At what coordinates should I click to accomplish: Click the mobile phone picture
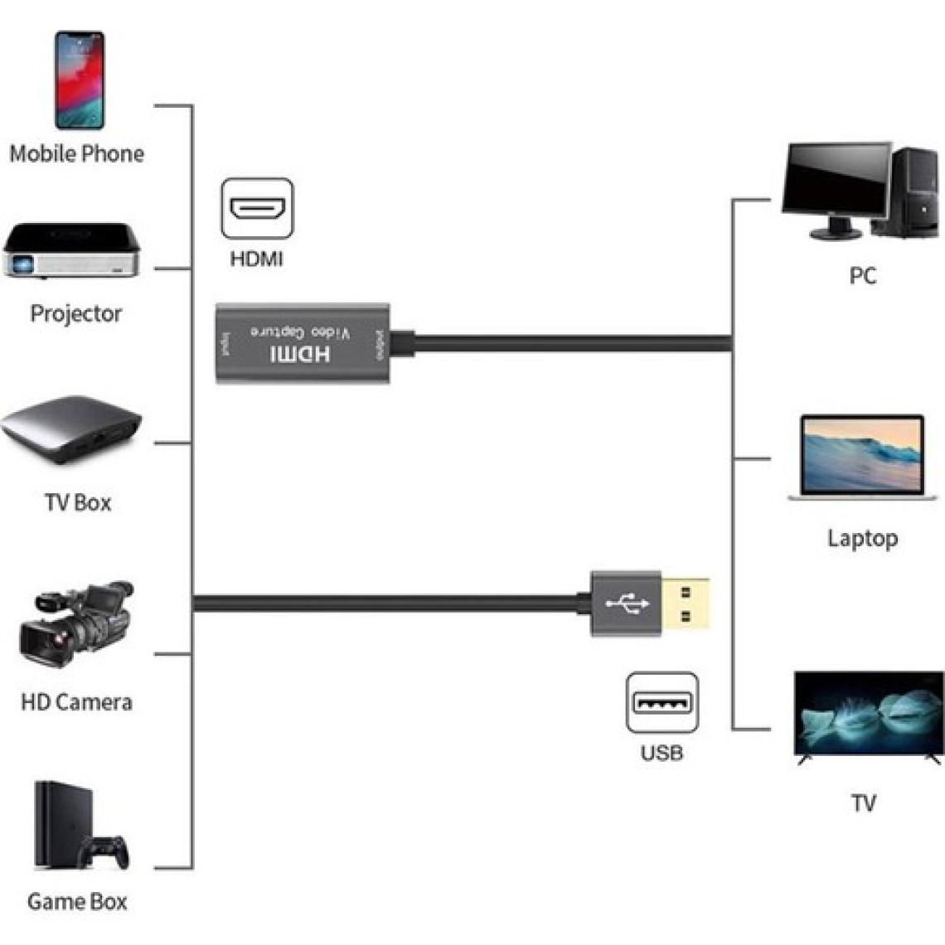point(80,80)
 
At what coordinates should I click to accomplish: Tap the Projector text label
point(76,313)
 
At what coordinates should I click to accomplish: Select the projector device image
point(71,250)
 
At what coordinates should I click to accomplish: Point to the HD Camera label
point(76,702)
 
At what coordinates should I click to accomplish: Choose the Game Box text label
point(77,901)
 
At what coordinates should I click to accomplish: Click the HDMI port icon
point(257,208)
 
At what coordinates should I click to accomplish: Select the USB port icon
point(661,703)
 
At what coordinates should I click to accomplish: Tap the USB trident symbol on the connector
point(627,603)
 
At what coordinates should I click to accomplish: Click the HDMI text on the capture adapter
point(300,355)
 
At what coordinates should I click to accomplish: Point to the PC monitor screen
point(832,179)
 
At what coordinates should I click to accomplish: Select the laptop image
point(862,458)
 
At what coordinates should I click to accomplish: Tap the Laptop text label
point(862,538)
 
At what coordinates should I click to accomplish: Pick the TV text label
point(863,802)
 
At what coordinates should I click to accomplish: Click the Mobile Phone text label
point(76,153)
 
